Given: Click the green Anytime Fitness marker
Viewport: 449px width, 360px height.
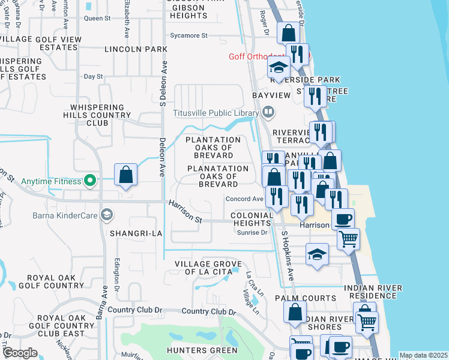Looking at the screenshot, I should pos(90,179).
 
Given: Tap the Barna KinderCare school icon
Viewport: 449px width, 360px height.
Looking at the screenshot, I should pos(107,215).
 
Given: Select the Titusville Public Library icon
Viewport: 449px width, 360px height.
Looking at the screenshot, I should pos(268,112).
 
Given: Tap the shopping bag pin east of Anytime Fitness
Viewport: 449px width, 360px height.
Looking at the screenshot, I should pos(125,175).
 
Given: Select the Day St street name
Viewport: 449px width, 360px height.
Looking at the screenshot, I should pos(94,77).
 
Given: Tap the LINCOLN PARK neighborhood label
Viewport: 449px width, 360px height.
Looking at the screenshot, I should pos(136,49).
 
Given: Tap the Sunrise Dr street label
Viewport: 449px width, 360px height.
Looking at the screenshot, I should pos(252,233).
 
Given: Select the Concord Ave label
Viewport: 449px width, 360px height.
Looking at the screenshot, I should pos(244,199).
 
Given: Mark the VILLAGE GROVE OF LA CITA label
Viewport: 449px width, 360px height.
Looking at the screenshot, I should pos(208,268).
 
